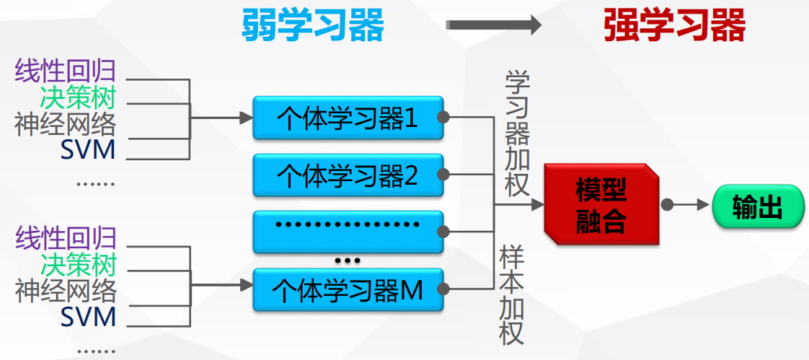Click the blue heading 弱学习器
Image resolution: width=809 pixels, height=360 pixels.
312,26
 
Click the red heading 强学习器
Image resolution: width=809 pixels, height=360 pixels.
674,26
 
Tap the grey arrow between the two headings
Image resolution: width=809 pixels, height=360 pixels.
493,26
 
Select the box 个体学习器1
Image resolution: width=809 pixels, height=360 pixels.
348,118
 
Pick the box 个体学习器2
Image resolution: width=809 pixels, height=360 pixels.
348,175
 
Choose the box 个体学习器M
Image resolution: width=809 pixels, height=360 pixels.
348,290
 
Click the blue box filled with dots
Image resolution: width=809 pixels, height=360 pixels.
348,230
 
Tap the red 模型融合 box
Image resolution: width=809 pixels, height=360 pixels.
601,205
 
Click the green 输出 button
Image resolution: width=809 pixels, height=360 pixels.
757,206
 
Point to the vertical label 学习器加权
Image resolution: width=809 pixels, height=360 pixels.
517,133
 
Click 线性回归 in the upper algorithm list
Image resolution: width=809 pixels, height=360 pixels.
65,71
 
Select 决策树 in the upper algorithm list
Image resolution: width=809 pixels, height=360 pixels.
78,97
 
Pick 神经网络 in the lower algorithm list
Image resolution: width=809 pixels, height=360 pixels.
66,291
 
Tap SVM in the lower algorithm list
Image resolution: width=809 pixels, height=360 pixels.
88,317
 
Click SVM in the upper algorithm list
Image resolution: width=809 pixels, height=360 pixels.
88,151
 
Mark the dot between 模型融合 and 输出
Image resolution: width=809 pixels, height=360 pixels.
668,205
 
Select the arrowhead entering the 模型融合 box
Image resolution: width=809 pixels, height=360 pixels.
537,205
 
